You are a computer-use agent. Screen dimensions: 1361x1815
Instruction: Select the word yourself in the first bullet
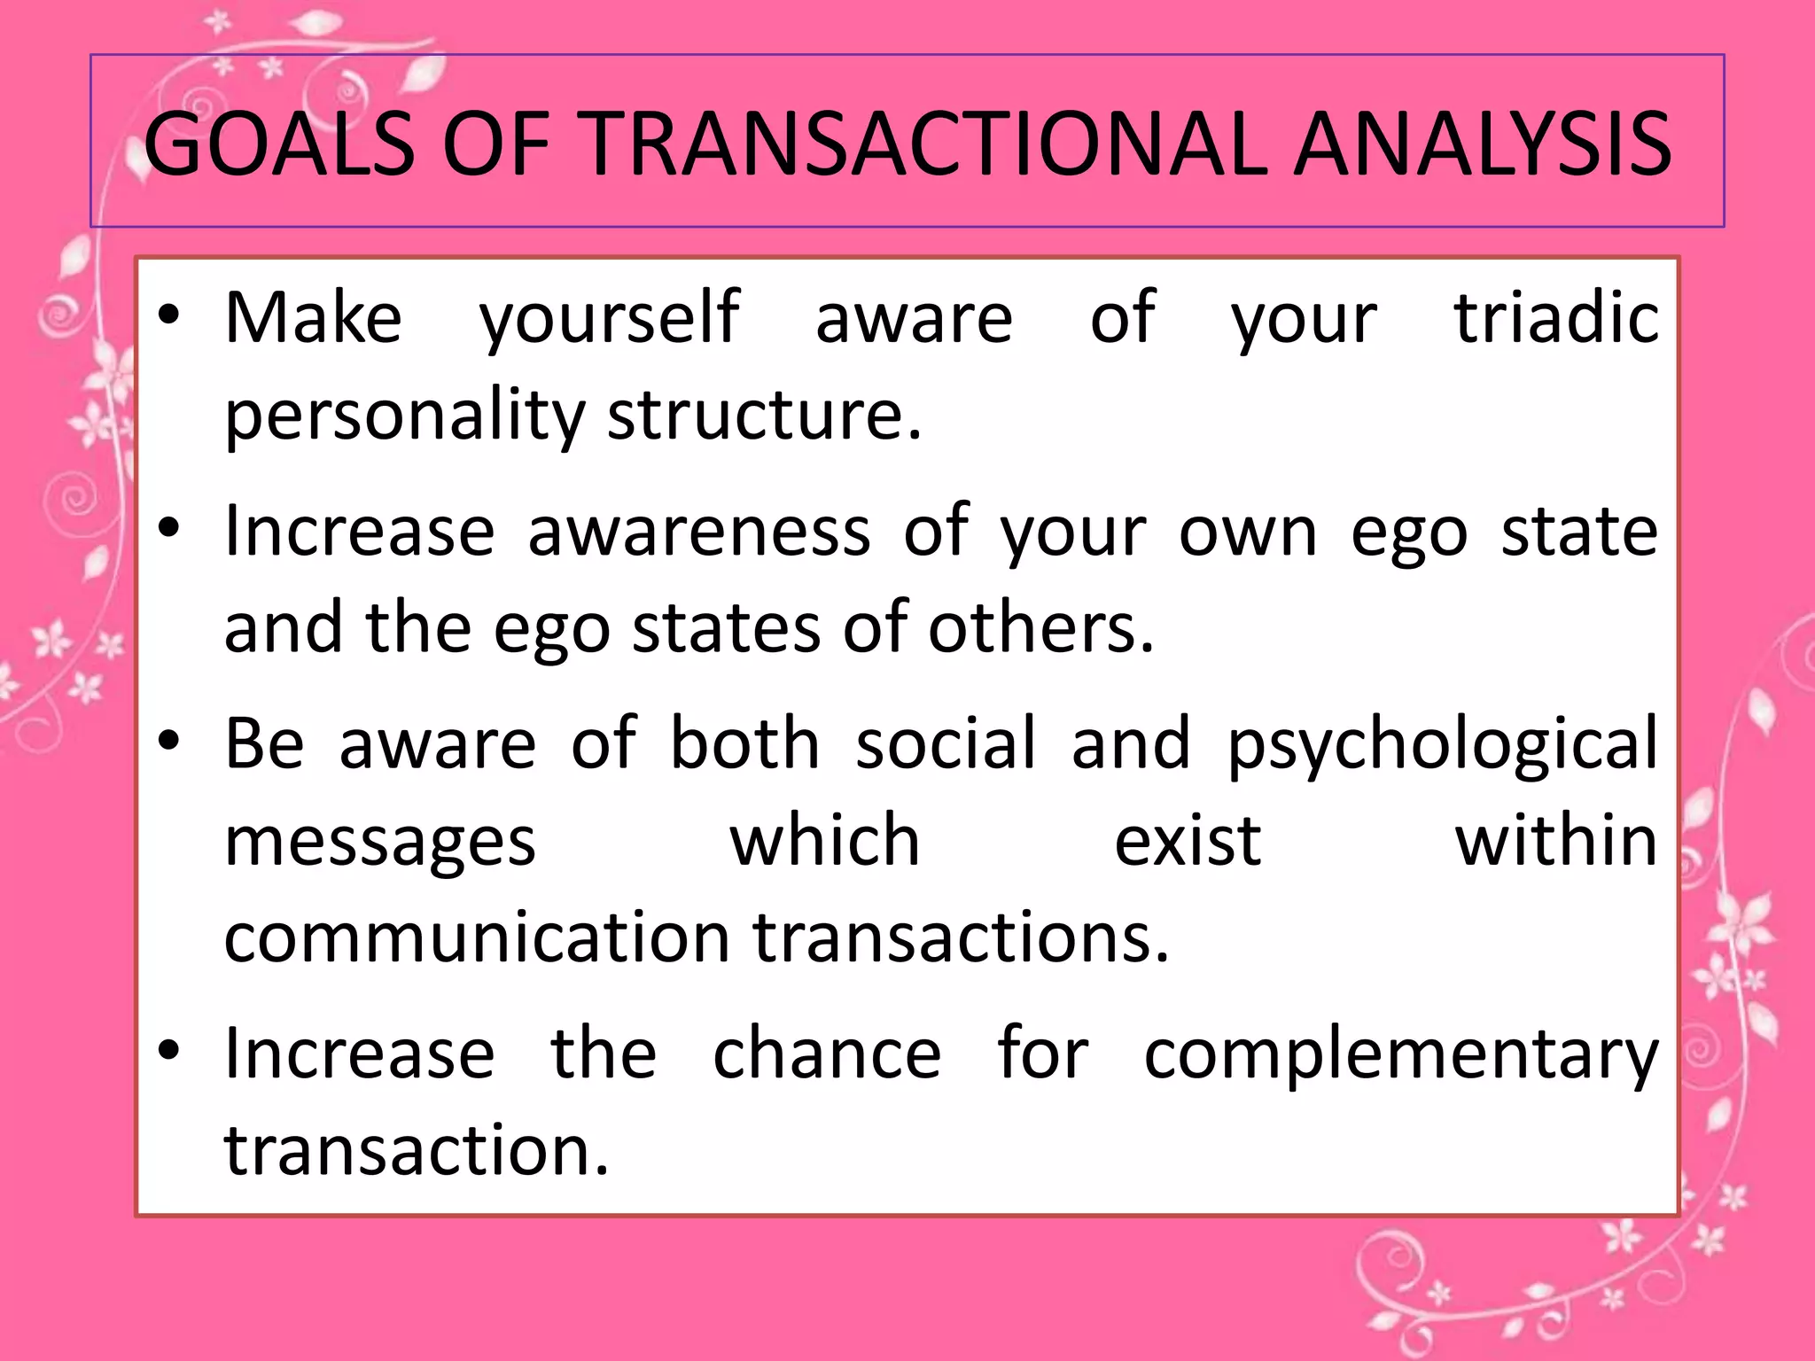coord(609,319)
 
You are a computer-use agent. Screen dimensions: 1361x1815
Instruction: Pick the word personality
coord(404,416)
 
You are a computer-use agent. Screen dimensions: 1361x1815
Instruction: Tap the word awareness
coord(699,532)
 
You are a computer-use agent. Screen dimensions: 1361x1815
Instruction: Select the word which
coord(825,840)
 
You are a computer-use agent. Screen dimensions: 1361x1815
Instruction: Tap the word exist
coord(1187,840)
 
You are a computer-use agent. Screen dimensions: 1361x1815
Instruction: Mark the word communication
coord(477,937)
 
